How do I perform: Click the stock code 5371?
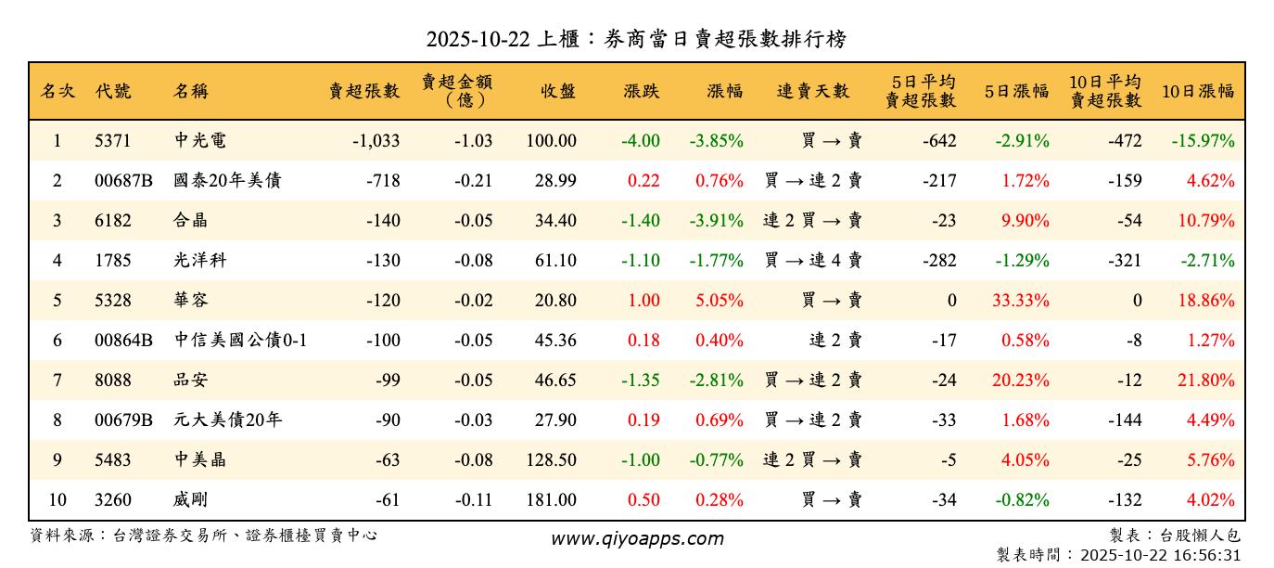click(113, 141)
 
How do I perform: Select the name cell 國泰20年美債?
click(227, 181)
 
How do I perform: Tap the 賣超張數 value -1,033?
click(376, 141)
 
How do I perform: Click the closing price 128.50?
click(550, 460)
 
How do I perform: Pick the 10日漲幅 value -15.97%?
click(1203, 141)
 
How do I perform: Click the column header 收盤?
click(558, 91)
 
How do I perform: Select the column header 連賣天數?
click(813, 91)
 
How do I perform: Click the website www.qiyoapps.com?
click(637, 538)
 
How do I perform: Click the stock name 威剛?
click(191, 500)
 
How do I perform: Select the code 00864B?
click(123, 341)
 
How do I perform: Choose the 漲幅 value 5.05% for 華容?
click(720, 301)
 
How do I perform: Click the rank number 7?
click(57, 381)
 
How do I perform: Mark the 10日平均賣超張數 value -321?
click(1125, 261)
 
